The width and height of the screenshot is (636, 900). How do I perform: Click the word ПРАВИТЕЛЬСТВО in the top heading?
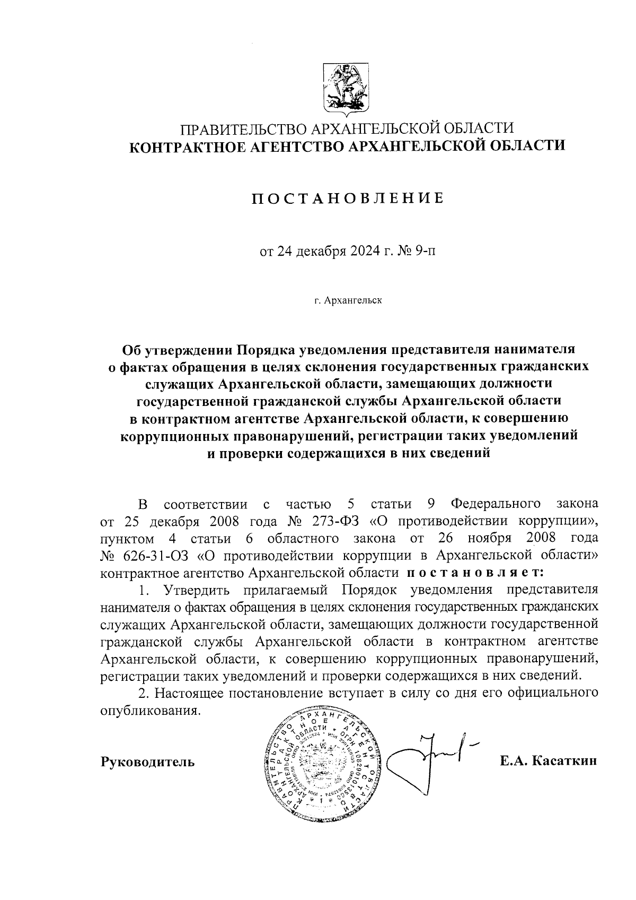243,129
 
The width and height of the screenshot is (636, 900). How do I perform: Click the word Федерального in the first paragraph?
496,503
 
